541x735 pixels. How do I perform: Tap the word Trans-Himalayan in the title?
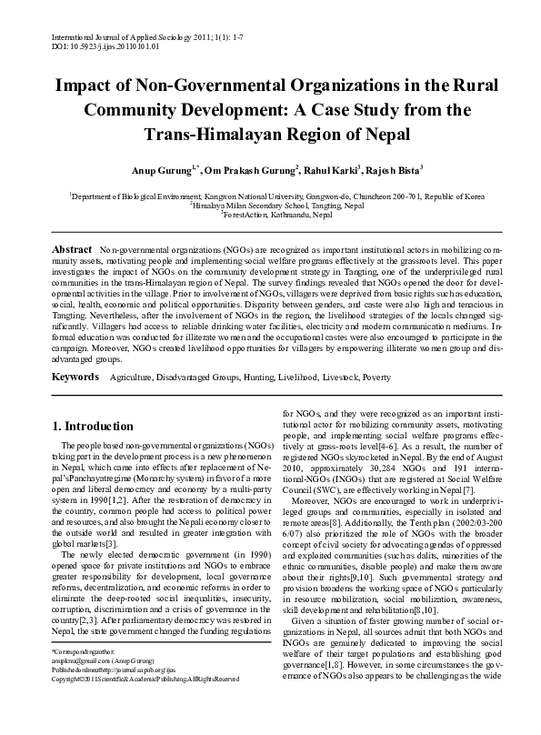pos(203,134)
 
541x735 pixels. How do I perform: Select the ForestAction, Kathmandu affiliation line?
pos(271,216)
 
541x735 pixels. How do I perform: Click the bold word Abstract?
pos(72,248)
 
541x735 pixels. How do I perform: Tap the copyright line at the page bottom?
pos(145,704)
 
